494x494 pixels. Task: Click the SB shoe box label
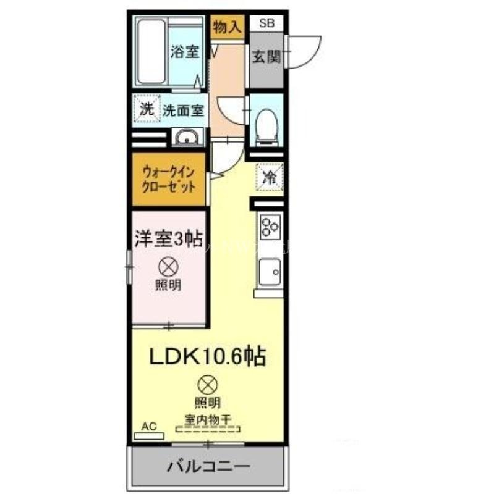pos(266,23)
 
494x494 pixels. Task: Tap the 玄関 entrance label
pos(266,57)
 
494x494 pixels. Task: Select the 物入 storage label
pos(227,27)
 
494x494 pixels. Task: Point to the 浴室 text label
pos(185,52)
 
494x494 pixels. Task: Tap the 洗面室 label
pos(183,111)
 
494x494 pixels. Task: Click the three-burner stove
pos(269,226)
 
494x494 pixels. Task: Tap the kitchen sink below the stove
pos(269,270)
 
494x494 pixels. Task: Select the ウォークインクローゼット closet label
pos(169,180)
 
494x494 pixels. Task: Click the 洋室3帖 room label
pos(169,238)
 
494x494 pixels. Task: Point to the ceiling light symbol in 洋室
pos(168,266)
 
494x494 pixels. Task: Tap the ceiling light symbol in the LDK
pos(208,384)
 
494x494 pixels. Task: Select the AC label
pos(148,425)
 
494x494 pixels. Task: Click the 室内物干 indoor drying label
pos(207,419)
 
